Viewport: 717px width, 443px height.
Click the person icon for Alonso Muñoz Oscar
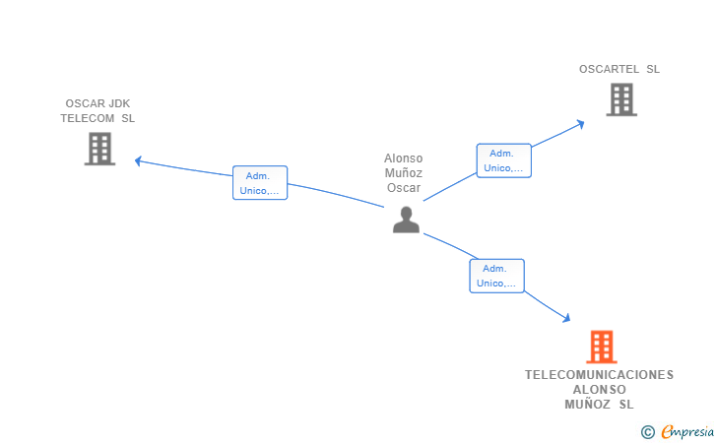tap(406, 220)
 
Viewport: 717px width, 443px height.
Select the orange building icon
tap(602, 347)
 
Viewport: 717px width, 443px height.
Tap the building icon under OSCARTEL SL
tap(621, 99)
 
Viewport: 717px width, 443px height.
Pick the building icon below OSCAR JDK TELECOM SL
tap(99, 149)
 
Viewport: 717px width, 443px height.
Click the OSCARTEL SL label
tap(619, 69)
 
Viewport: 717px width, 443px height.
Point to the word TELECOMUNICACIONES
tap(599, 375)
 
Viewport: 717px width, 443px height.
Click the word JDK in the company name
tap(119, 103)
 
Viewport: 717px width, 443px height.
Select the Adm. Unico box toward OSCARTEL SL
tap(503, 160)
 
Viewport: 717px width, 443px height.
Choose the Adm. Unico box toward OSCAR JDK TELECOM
tap(260, 183)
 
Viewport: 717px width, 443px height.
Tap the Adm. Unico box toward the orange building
tap(496, 276)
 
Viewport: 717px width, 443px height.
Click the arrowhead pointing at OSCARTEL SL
tap(581, 124)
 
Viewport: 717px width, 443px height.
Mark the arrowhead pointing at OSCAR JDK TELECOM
tap(138, 160)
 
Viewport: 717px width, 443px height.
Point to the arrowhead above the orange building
tap(566, 318)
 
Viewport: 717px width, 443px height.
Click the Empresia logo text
tap(687, 431)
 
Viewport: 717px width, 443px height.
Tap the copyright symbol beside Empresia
tap(648, 432)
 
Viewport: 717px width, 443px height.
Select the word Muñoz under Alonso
tap(404, 173)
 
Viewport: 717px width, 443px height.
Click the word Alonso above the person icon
tap(404, 158)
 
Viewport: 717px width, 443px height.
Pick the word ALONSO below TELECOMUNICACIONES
tap(600, 390)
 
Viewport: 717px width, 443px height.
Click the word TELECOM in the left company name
tap(88, 118)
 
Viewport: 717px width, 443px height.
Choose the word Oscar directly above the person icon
tap(404, 188)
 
